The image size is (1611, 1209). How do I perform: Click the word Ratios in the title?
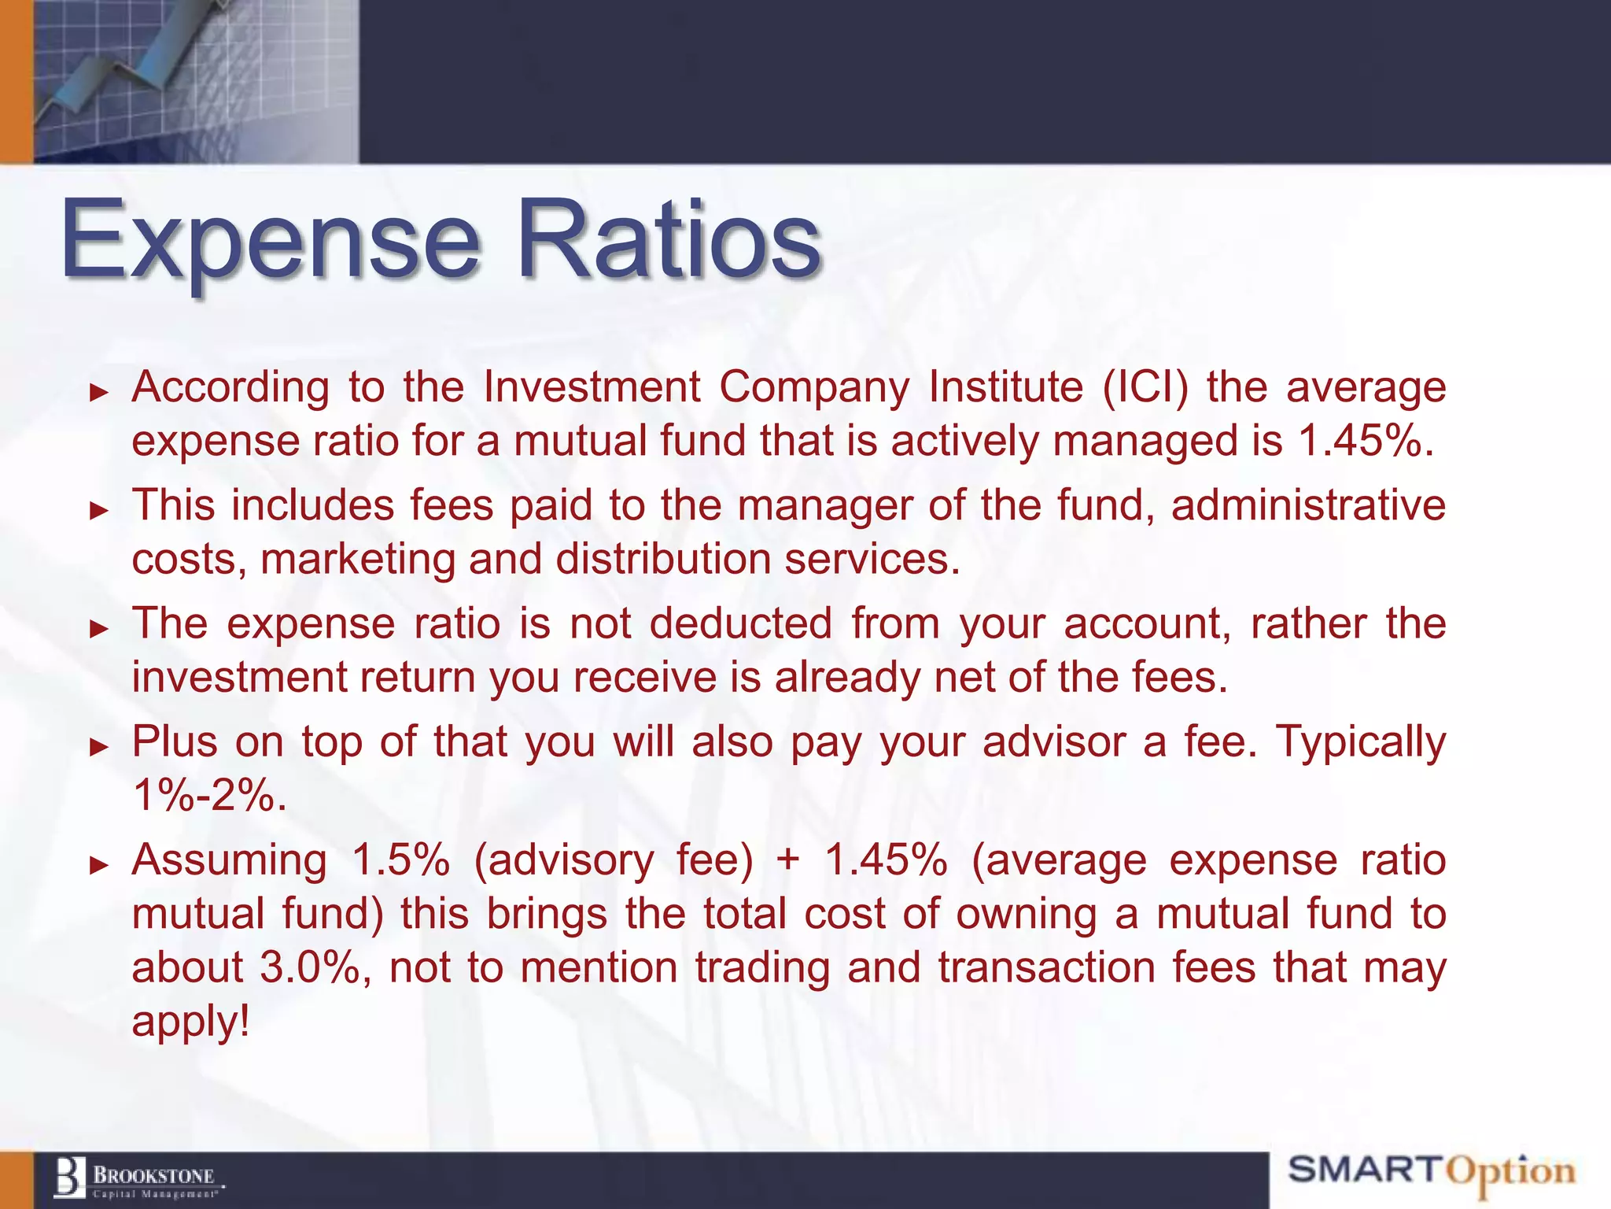coord(669,240)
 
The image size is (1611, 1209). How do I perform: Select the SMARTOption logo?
coord(1431,1171)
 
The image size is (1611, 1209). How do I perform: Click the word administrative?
coord(1308,505)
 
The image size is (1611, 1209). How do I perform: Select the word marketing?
coord(358,560)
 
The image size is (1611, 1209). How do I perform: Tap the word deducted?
coord(740,623)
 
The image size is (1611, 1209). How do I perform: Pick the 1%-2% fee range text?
coord(208,795)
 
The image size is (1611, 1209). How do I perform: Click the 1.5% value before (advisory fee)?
coord(400,860)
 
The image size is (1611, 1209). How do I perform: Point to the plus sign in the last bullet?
coord(787,860)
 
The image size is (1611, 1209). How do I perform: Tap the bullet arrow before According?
coord(98,392)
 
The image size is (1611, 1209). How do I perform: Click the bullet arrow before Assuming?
coord(98,865)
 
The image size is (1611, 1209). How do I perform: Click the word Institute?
coord(1005,387)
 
